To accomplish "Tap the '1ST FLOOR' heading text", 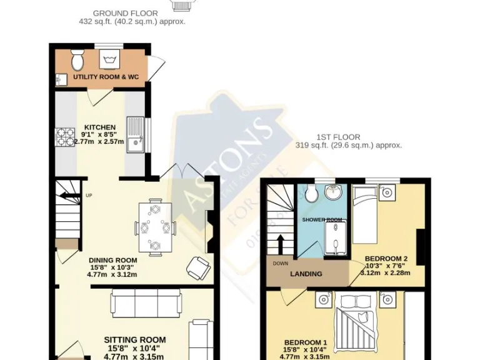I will (348, 137).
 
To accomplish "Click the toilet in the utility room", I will (77, 60).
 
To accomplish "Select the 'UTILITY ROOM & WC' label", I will (106, 77).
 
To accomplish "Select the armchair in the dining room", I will (199, 269).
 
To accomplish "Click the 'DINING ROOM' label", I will (112, 261).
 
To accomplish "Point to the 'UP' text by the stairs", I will (89, 194).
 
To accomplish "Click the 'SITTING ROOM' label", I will (135, 341).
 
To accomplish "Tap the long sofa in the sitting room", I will (146, 303).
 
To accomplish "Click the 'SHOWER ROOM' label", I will (322, 220).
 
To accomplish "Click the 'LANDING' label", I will (306, 274).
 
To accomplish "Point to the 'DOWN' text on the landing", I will (281, 263).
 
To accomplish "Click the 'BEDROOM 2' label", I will (386, 259).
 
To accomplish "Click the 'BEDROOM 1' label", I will (305, 342).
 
